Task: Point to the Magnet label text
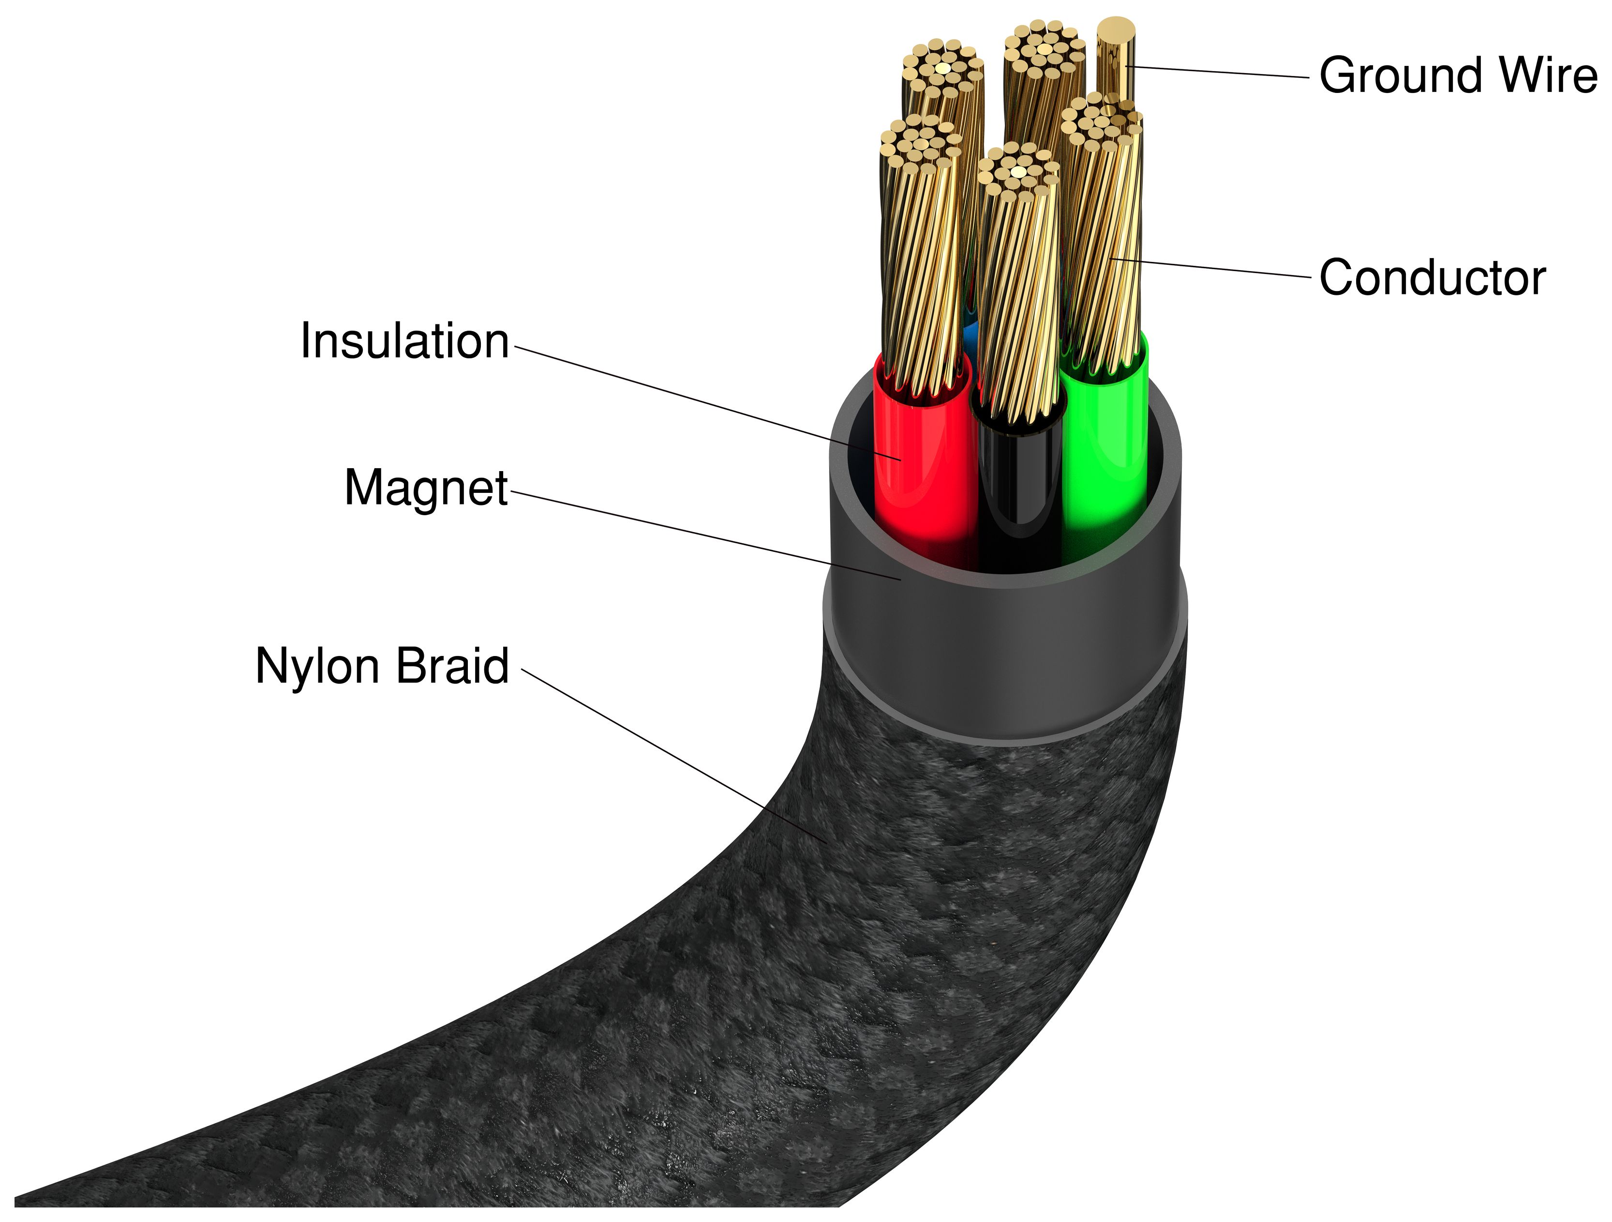426,487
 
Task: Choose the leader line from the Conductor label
1217,268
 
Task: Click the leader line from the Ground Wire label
1217,72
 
